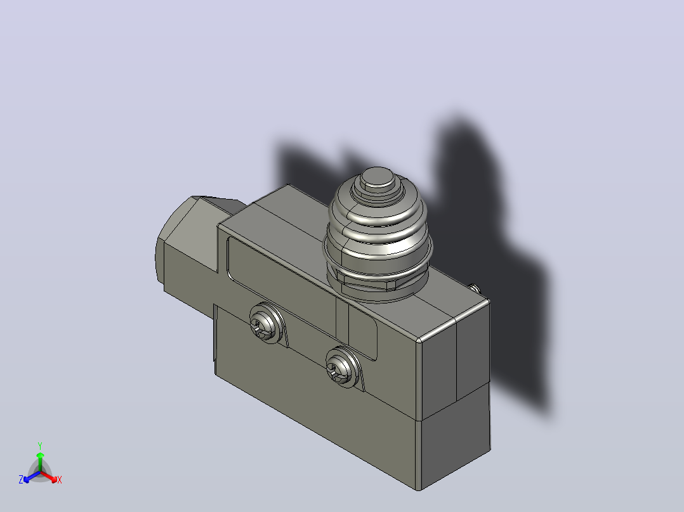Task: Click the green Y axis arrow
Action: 40,462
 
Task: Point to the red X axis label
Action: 60,480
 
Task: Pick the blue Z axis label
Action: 20,479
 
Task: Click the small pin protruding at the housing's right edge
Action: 475,288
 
